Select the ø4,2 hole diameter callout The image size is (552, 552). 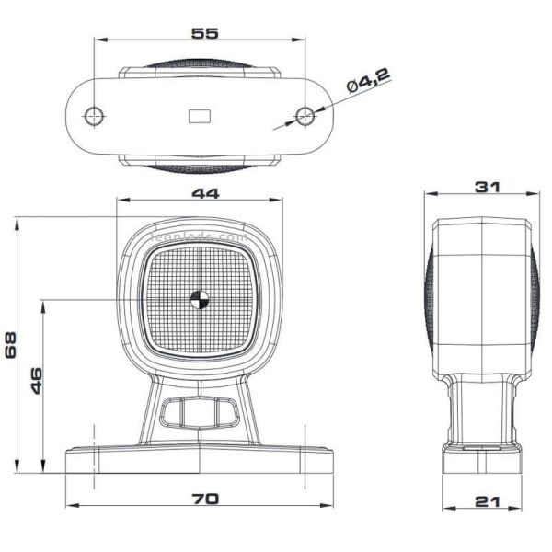pyautogui.click(x=368, y=84)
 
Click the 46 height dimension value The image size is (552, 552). pyautogui.click(x=37, y=379)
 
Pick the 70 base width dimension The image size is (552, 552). pyautogui.click(x=204, y=498)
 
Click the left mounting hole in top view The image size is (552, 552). pyautogui.click(x=93, y=116)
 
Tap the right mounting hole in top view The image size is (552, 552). pyautogui.click(x=305, y=116)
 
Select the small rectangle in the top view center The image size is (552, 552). pyautogui.click(x=199, y=116)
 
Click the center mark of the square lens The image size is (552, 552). pyautogui.click(x=198, y=298)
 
